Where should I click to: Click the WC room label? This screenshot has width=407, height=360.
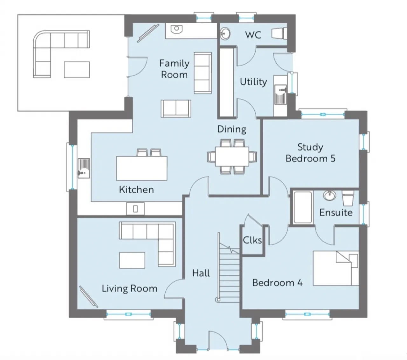[x=253, y=35]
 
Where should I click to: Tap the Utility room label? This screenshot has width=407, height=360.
[x=253, y=82]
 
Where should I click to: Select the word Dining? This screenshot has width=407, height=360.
[x=231, y=129]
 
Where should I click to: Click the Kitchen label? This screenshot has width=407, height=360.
[x=136, y=190]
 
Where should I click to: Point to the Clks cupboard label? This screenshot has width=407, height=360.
[x=252, y=240]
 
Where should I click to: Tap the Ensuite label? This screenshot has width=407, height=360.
[x=336, y=213]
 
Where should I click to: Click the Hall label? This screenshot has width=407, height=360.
[x=201, y=273]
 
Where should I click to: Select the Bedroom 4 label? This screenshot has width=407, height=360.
[x=277, y=283]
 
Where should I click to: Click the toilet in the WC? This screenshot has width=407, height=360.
[x=279, y=33]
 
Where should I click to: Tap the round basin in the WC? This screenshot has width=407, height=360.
[x=225, y=34]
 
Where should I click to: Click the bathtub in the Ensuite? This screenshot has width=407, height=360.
[x=303, y=207]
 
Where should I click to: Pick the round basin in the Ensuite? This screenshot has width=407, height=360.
[x=329, y=195]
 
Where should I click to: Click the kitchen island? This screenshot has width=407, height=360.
[x=141, y=168]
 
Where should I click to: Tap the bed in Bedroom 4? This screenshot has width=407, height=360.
[x=336, y=268]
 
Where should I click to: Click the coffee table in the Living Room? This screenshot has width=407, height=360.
[x=132, y=260]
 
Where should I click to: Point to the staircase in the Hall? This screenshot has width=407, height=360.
[x=229, y=272]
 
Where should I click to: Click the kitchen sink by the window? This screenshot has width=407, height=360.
[x=84, y=168]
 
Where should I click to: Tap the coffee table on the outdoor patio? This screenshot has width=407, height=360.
[x=77, y=70]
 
